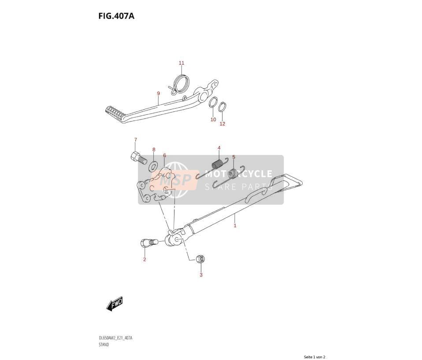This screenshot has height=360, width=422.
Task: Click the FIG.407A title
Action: pyautogui.click(x=116, y=16)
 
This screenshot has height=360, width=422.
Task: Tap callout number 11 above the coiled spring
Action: pyautogui.click(x=181, y=63)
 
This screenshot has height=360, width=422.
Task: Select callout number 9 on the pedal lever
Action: pyautogui.click(x=159, y=93)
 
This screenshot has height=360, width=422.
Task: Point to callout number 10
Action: pyautogui.click(x=213, y=119)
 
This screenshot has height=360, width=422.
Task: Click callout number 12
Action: pyautogui.click(x=222, y=124)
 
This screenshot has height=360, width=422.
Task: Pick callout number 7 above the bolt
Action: pyautogui.click(x=135, y=140)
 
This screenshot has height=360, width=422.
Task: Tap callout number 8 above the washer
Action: pyautogui.click(x=154, y=149)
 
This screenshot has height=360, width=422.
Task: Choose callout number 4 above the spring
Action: pyautogui.click(x=219, y=148)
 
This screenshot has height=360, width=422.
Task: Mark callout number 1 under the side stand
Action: pyautogui.click(x=235, y=225)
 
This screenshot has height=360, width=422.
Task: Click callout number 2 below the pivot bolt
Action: pyautogui.click(x=144, y=260)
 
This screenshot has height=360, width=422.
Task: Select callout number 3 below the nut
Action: pyautogui.click(x=201, y=275)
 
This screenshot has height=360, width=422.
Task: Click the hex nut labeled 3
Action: pyautogui.click(x=201, y=259)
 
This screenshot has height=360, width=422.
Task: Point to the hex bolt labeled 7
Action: pyautogui.click(x=139, y=158)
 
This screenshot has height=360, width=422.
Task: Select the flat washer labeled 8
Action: pyautogui.click(x=154, y=167)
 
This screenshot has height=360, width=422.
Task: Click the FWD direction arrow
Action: pyautogui.click(x=115, y=304)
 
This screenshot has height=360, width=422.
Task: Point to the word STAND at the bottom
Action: pyautogui.click(x=104, y=345)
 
